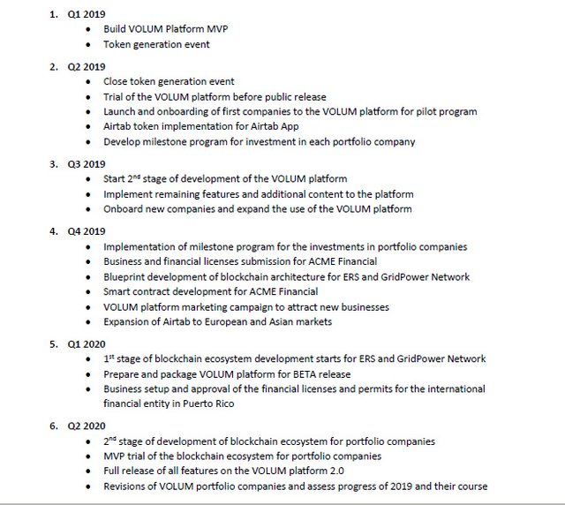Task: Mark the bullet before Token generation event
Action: click(89, 44)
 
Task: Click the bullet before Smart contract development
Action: click(89, 292)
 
